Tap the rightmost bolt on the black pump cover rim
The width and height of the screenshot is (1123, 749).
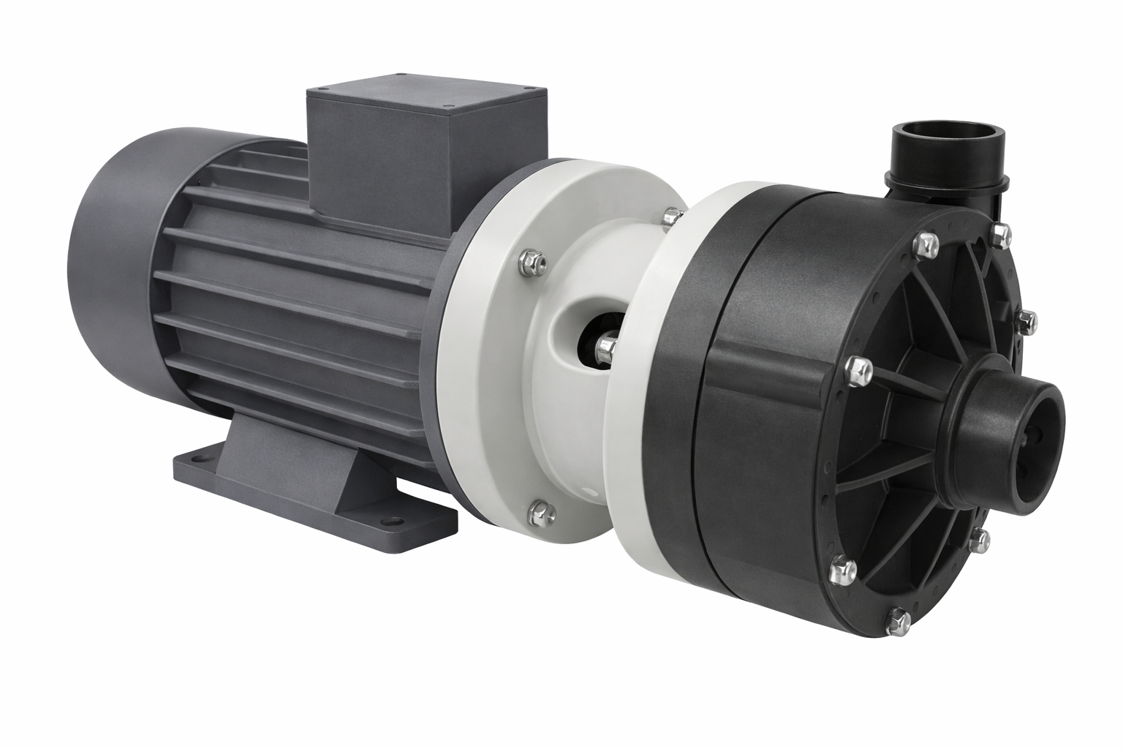pyautogui.click(x=1025, y=318)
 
